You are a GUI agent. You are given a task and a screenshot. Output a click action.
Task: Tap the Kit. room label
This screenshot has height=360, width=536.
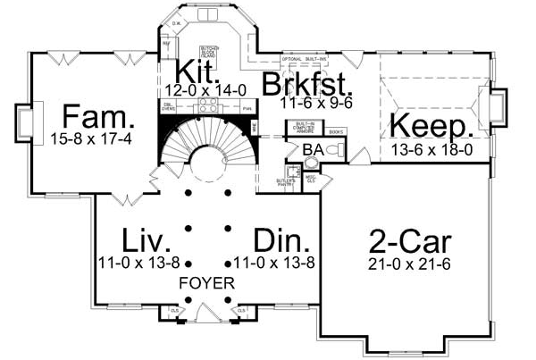tap(191, 71)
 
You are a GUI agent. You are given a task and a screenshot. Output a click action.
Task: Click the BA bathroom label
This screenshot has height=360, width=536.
tap(312, 149)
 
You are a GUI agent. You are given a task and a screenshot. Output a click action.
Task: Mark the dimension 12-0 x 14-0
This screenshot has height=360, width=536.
tap(199, 90)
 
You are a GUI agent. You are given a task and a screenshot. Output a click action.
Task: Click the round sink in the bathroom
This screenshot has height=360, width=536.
tap(310, 163)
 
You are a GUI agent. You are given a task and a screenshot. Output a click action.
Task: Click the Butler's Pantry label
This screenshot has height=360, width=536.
tap(286, 184)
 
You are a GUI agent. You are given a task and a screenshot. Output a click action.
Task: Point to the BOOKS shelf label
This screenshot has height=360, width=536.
tap(336, 132)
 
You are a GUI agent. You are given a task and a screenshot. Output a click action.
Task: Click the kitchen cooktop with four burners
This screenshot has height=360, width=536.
tap(206, 104)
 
